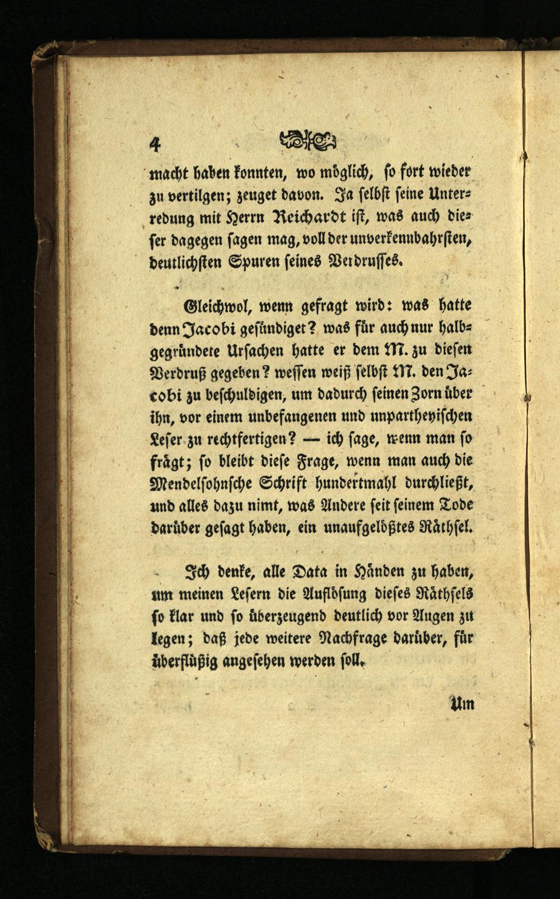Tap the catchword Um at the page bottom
pyautogui.click(x=463, y=703)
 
